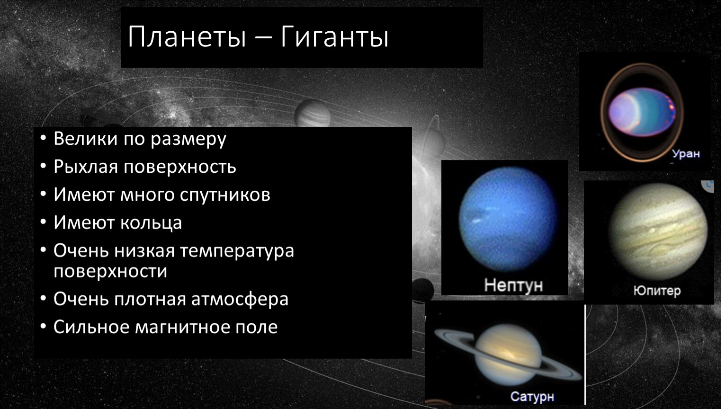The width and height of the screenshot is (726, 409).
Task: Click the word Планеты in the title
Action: click(x=187, y=36)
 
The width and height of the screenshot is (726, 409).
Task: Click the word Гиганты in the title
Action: click(x=334, y=36)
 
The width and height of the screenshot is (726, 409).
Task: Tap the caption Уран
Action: click(x=686, y=154)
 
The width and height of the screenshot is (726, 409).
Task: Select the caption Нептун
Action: click(x=513, y=285)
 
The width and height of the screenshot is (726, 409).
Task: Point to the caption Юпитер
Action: click(x=657, y=291)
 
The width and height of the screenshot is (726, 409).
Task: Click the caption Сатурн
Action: click(x=532, y=396)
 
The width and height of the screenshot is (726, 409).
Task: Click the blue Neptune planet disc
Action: click(x=508, y=219)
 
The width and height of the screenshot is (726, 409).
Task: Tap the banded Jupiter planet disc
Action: click(x=658, y=231)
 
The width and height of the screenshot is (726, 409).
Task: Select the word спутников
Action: click(x=225, y=195)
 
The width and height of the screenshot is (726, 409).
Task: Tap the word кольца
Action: click(x=151, y=223)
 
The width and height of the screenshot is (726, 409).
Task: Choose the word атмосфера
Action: click(x=240, y=299)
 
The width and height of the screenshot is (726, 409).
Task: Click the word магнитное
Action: click(x=183, y=327)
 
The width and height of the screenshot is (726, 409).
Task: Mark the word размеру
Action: click(x=188, y=139)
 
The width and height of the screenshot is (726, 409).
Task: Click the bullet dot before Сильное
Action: click(x=43, y=326)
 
